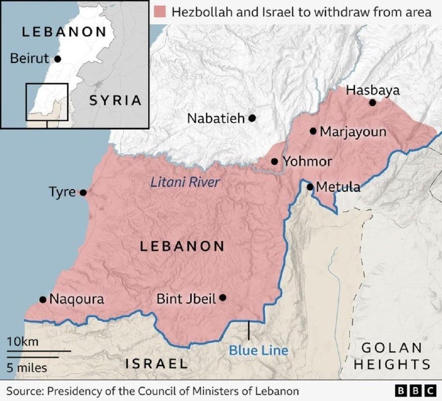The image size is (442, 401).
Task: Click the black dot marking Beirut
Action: pyautogui.click(x=57, y=58)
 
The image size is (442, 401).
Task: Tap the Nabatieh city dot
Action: pyautogui.click(x=252, y=118)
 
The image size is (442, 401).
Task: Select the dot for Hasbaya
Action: pyautogui.click(x=372, y=102)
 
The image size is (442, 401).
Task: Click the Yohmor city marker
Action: pyautogui.click(x=275, y=162)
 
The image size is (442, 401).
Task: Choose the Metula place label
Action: pyautogui.click(x=338, y=188)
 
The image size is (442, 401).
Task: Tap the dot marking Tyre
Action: pyautogui.click(x=83, y=192)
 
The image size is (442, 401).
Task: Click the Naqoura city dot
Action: pyautogui.click(x=43, y=299)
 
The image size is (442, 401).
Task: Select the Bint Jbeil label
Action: pyautogui.click(x=186, y=299)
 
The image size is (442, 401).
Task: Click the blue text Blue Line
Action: pyautogui.click(x=259, y=350)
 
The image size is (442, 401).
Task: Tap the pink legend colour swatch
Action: pyautogui.click(x=161, y=12)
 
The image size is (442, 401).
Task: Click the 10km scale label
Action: pyautogui.click(x=23, y=342)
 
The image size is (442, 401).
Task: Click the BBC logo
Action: pyautogui.click(x=415, y=390)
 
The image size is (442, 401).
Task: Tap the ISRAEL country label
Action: pyautogui.click(x=156, y=363)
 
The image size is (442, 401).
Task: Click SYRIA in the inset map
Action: pyautogui.click(x=115, y=100)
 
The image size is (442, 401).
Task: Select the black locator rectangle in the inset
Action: pyautogui.click(x=46, y=102)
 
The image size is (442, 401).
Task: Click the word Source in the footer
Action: pyautogui.click(x=23, y=390)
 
